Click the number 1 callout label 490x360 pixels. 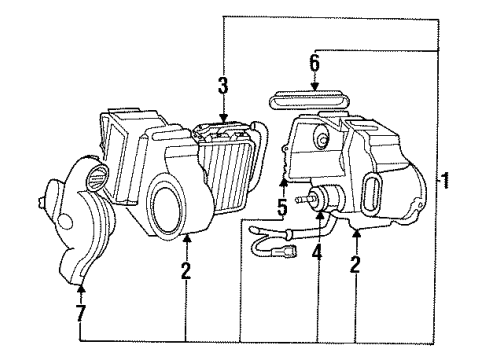[x=446, y=182]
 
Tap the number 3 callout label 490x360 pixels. [x=224, y=85]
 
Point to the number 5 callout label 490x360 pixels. [x=283, y=210]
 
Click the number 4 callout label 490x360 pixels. [x=317, y=253]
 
